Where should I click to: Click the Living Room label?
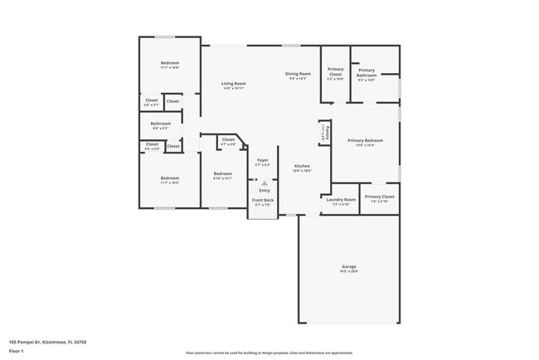(x=234, y=84)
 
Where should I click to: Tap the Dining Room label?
(x=298, y=74)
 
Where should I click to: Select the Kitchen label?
(x=302, y=166)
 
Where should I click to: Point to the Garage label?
(x=348, y=266)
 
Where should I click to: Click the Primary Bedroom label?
(x=365, y=140)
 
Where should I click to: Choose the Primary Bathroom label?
(x=367, y=73)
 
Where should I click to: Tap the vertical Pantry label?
(x=328, y=132)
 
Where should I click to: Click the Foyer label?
(x=262, y=160)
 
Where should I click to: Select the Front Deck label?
(x=262, y=200)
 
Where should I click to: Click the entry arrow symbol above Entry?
(x=265, y=182)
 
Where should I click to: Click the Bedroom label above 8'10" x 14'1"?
(x=222, y=173)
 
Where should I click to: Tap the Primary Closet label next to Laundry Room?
(x=379, y=197)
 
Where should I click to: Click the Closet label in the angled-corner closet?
(x=228, y=139)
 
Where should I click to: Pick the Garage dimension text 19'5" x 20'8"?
(x=348, y=271)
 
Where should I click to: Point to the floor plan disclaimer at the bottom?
(x=269, y=352)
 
